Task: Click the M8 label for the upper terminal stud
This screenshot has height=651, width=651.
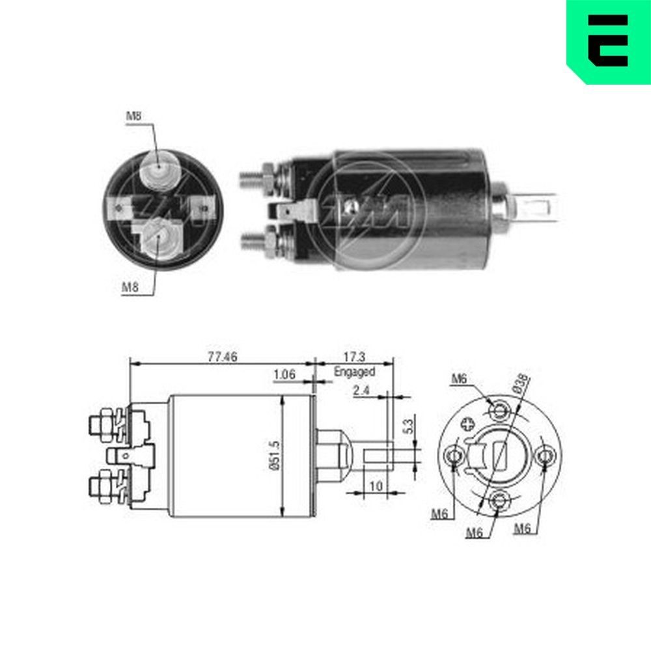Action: click(133, 117)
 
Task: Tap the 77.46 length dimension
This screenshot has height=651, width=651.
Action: click(222, 356)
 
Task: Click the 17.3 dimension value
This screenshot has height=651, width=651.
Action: click(355, 356)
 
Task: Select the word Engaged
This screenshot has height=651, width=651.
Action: click(354, 372)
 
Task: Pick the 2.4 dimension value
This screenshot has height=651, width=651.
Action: click(362, 391)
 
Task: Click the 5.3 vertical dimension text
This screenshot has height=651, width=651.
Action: click(408, 427)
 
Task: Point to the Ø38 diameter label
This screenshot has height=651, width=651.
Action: click(521, 383)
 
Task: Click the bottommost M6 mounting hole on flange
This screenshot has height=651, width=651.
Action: click(500, 500)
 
